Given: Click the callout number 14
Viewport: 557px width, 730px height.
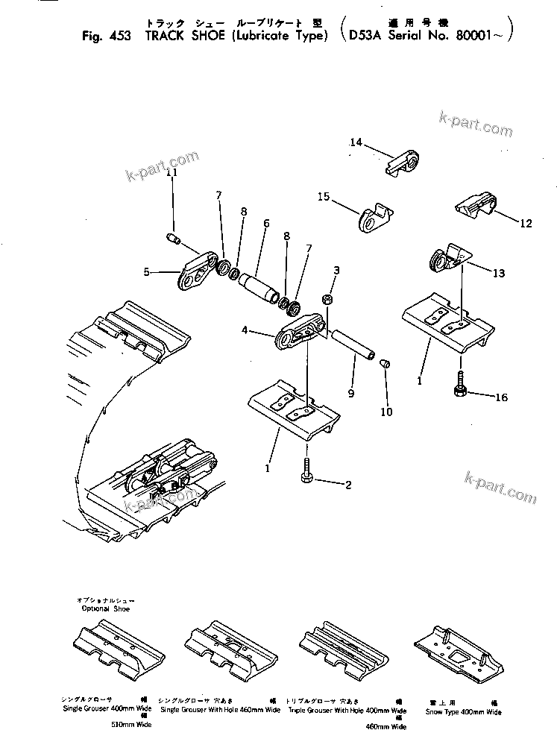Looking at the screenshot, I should [356, 142].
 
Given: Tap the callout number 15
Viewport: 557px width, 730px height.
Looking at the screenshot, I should [323, 197].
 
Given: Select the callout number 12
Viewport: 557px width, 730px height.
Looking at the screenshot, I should [526, 223].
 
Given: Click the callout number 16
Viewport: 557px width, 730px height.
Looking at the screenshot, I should [501, 397].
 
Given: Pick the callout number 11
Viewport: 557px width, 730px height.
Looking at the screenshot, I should [172, 172].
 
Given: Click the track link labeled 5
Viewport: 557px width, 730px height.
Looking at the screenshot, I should [198, 273].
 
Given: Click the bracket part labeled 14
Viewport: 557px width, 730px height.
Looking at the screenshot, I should [406, 162].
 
